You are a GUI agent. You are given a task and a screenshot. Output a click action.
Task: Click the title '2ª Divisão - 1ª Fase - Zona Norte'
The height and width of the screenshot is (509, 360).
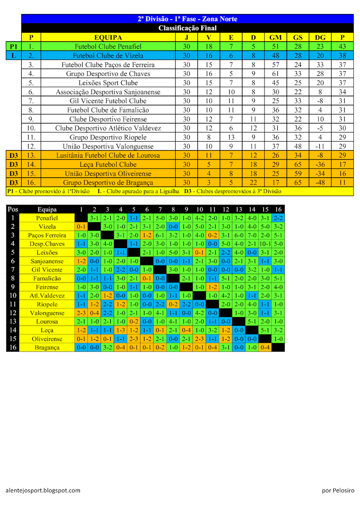[x=187, y=19]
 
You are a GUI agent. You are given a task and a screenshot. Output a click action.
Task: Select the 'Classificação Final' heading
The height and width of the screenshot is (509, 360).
[x=187, y=28]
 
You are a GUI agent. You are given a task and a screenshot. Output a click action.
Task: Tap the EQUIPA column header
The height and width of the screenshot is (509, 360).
[x=108, y=37]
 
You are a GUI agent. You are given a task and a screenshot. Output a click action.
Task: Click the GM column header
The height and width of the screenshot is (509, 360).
[x=276, y=37]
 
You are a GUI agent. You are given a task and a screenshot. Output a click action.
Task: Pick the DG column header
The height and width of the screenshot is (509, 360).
[x=320, y=37]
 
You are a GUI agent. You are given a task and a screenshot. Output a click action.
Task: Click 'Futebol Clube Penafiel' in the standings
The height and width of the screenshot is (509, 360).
[x=108, y=46]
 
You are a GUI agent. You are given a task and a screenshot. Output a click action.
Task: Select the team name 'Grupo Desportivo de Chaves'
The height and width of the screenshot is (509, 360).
[x=108, y=74]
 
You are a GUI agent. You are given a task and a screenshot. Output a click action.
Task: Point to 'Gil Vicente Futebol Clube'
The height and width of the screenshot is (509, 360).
[x=108, y=101]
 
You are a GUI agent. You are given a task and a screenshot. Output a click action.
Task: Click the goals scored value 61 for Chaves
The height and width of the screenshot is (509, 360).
[x=276, y=74]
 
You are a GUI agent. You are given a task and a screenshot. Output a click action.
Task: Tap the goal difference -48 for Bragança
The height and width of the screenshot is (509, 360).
[x=320, y=182]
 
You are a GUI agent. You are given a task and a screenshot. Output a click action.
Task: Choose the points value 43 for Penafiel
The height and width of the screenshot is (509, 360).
[x=342, y=46]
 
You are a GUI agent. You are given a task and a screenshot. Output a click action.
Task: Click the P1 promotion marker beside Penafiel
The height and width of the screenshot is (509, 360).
[x=14, y=46]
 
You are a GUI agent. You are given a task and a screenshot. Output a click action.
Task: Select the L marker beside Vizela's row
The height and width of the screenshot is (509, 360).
[x=14, y=56]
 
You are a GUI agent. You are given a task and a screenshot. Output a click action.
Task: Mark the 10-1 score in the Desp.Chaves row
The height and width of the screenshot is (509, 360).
[x=265, y=244]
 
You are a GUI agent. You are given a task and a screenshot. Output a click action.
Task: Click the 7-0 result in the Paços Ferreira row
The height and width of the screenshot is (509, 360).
[x=252, y=235]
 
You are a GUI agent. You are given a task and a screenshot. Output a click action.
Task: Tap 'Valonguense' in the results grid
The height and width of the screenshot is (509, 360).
[x=47, y=313]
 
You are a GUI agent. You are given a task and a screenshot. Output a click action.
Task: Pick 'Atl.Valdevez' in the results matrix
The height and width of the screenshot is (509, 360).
[x=47, y=296]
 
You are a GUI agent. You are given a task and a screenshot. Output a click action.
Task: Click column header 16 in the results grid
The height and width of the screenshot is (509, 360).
[x=278, y=209]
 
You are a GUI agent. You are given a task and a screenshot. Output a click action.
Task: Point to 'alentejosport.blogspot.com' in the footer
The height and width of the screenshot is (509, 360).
[x=43, y=490]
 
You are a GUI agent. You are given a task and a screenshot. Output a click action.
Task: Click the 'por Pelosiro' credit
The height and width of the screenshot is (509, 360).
[x=337, y=490]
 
